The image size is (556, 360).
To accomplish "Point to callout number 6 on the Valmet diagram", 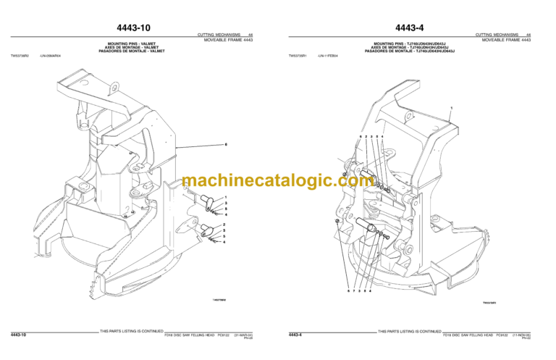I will [226, 145].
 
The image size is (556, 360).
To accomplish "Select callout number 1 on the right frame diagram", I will [451, 107].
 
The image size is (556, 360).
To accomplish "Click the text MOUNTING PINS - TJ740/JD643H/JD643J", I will [410, 43].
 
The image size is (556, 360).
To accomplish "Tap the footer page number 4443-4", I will [295, 335].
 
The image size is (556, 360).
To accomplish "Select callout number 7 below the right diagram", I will [353, 290].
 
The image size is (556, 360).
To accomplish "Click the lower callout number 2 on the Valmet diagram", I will [226, 225].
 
